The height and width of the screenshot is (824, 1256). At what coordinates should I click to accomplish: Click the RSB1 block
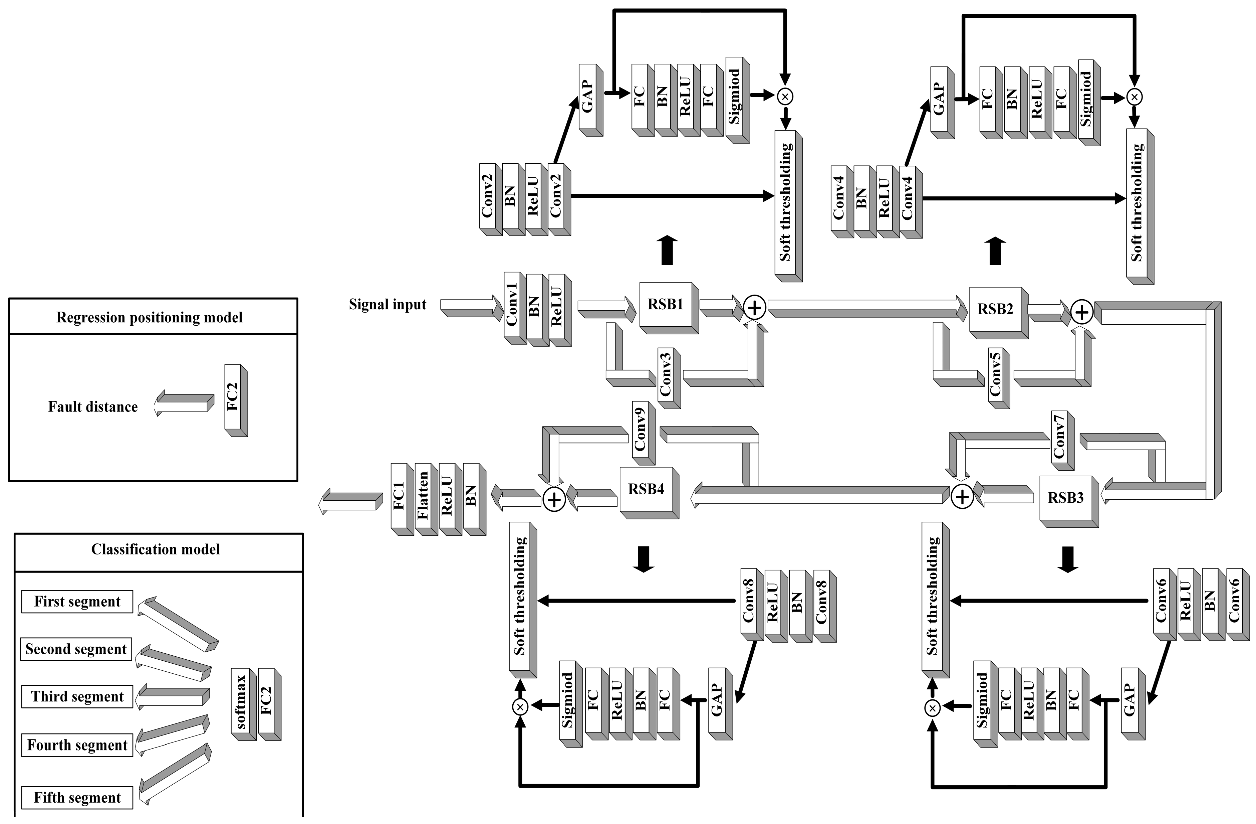[666, 304]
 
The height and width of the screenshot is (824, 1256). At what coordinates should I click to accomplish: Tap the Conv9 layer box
[640, 429]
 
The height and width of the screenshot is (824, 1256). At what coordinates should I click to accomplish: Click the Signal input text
[388, 305]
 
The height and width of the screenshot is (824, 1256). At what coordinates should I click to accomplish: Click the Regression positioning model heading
[149, 317]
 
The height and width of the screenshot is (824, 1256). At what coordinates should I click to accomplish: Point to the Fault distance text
[93, 407]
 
